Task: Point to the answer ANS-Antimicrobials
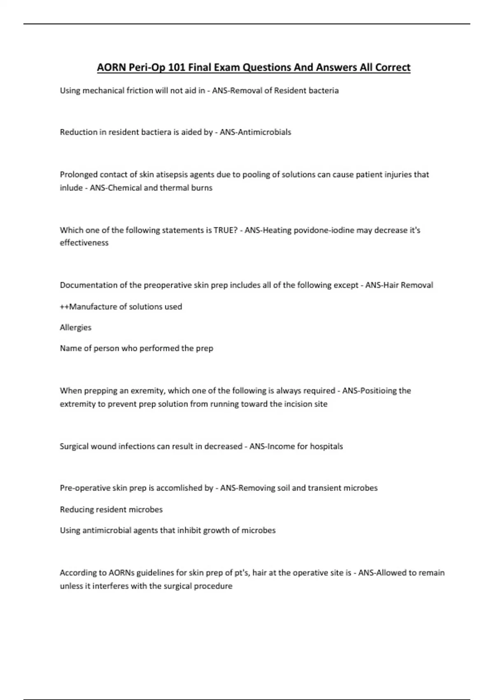pyautogui.click(x=255, y=132)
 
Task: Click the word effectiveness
pyautogui.click(x=84, y=243)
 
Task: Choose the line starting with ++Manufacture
pyautogui.click(x=121, y=306)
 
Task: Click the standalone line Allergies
pyautogui.click(x=76, y=327)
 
